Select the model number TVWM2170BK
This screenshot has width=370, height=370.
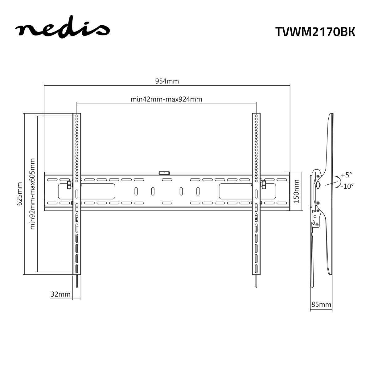315,32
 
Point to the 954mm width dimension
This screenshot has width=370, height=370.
167,81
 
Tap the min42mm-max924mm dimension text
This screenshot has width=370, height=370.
166,99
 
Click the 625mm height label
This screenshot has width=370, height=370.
19,194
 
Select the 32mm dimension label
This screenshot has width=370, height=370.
60,294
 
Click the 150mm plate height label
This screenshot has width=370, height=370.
297,191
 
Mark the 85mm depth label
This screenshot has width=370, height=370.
321,305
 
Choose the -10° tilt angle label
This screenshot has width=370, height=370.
347,186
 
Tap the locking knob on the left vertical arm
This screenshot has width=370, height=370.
68,185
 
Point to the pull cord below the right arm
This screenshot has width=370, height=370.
256,281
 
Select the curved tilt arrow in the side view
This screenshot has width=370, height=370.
339,181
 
